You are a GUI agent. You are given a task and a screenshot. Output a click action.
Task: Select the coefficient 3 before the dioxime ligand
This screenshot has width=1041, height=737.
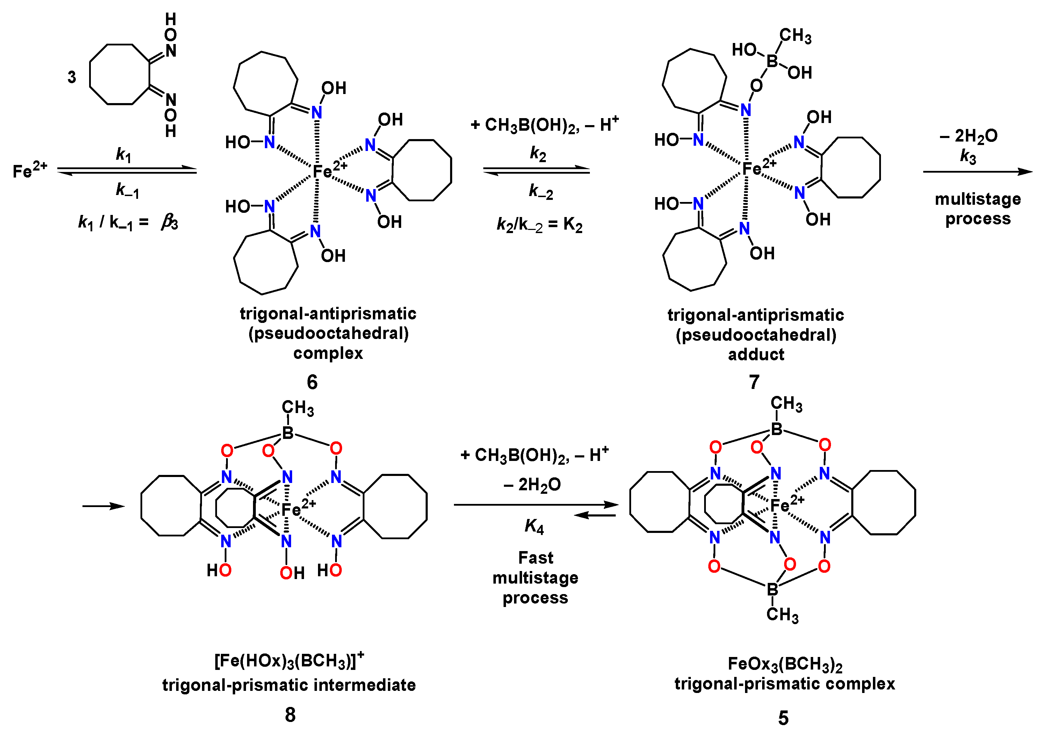72,77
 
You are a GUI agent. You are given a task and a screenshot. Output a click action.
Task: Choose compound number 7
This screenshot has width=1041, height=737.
754,382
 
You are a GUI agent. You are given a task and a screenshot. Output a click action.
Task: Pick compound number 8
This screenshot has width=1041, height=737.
290,715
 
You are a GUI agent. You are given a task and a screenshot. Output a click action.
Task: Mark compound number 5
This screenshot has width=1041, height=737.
783,718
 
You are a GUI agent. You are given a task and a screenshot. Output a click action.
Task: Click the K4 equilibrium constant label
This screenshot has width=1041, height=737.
534,526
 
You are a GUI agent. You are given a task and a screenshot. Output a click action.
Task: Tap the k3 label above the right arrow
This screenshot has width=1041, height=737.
968,157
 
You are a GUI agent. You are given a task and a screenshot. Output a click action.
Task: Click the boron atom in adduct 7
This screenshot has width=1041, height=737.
772,61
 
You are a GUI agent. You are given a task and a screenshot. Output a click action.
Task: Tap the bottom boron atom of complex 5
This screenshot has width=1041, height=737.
772,590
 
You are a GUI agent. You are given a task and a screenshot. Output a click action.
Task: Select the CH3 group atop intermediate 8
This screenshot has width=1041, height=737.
298,407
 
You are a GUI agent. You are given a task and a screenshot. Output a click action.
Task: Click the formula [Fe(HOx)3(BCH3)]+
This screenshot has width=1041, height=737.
289,660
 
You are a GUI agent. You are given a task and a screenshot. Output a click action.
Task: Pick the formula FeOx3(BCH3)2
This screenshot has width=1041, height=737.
785,664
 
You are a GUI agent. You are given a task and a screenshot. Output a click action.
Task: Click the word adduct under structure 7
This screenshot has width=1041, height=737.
756,354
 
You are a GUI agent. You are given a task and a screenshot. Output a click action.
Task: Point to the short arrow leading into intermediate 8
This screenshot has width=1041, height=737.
103,506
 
